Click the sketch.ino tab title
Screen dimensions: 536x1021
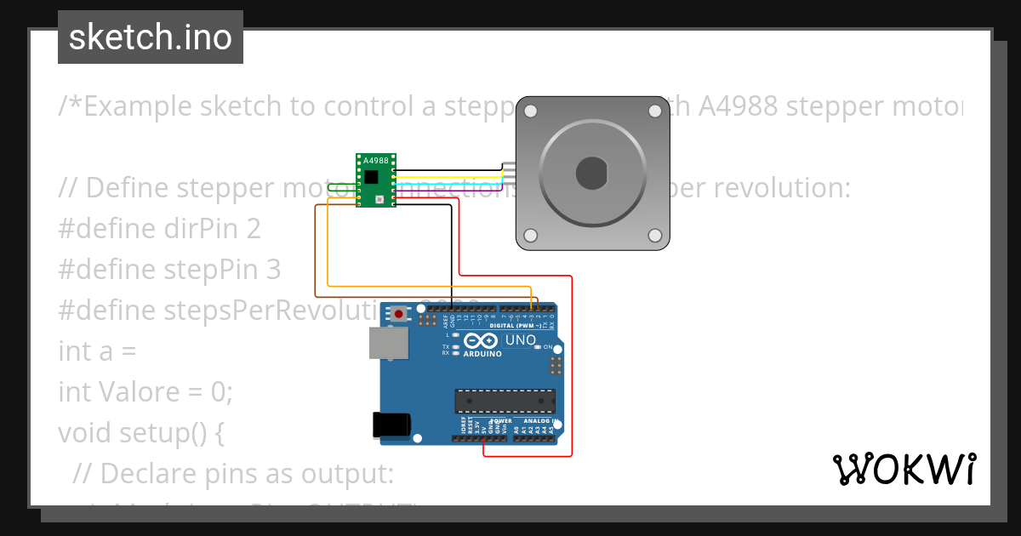(151, 37)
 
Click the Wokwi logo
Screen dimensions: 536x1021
(903, 469)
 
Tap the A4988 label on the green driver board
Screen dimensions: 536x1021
(375, 160)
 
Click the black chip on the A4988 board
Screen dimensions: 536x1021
(373, 176)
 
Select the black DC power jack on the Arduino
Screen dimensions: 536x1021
(391, 425)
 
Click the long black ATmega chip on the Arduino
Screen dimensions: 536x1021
(505, 401)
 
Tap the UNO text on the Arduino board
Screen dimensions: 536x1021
(521, 340)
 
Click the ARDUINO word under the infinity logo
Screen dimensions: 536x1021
(482, 352)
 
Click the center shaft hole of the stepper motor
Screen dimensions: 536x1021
(591, 173)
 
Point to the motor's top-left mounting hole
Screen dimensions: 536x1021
(531, 111)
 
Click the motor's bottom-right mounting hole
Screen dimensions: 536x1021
(654, 235)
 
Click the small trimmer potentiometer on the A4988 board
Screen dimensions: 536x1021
(379, 199)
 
